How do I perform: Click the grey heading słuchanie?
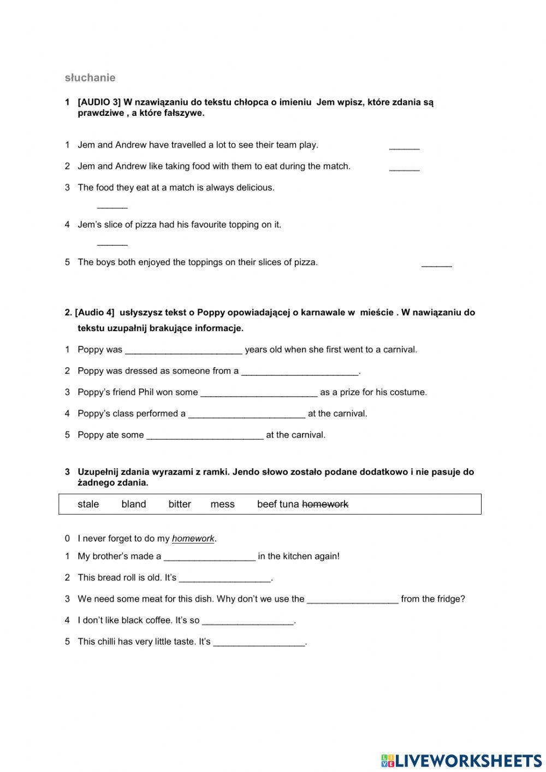pos(90,78)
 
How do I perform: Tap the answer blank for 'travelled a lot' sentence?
pos(404,146)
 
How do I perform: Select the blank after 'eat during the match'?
pos(404,168)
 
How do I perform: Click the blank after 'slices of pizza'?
pos(436,264)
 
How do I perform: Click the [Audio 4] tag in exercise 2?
pos(95,313)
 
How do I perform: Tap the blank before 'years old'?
pos(183,351)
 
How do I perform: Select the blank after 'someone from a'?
pos(300,372)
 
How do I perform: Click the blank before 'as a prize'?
pos(259,393)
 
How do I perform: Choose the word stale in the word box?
pos(88,504)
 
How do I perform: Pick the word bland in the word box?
pos(134,504)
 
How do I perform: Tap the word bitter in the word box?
pos(180,504)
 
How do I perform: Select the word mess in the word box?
pos(222,504)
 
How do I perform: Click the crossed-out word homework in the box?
pos(325,504)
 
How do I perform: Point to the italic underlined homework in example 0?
pos(193,539)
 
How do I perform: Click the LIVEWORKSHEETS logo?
pos(461,761)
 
